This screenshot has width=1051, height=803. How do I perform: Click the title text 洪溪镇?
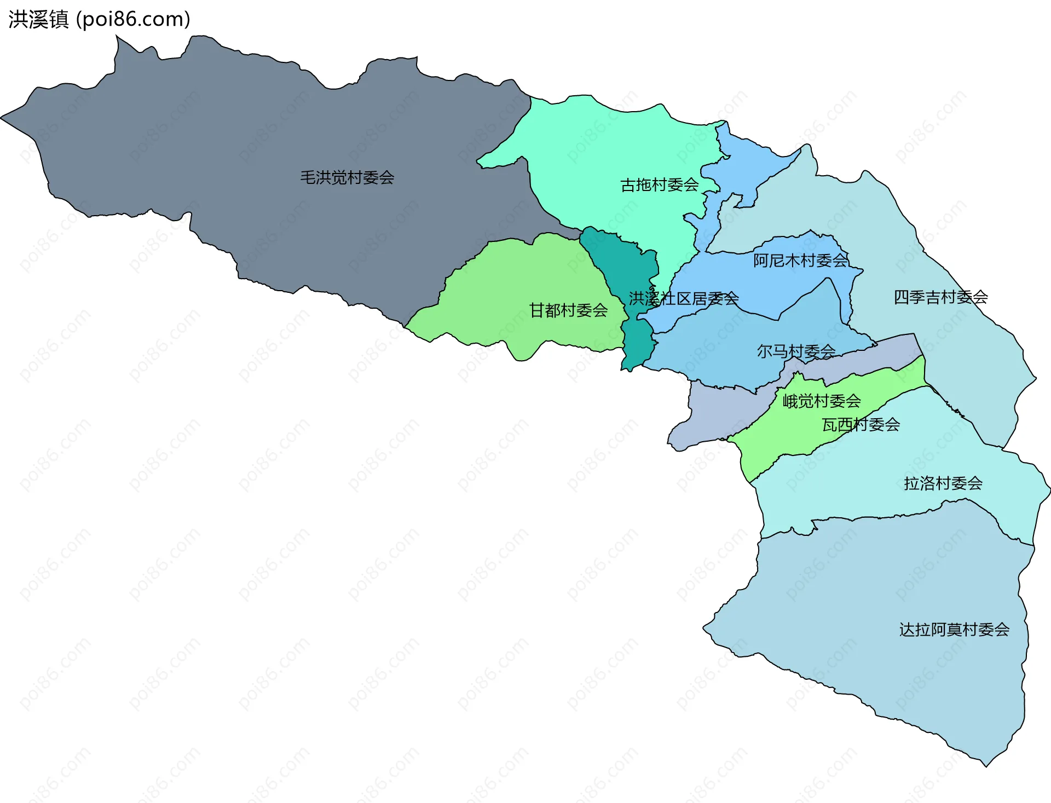pos(38,20)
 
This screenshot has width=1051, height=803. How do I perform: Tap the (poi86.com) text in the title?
pos(133,20)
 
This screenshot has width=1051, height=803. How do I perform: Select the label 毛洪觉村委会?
pos(347,177)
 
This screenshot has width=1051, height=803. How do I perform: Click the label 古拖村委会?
pos(659,185)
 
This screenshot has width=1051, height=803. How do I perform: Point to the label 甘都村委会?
pos(568,310)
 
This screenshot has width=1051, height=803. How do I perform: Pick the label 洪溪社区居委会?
pos(684,298)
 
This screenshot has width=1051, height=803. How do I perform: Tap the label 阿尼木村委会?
pos(800,261)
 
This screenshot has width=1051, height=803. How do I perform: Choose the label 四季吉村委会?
pos(940,297)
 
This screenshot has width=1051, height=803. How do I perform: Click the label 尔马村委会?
pos(796,351)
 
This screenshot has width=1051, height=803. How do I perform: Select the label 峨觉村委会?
pos(822,401)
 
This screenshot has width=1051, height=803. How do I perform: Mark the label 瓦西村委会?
pos(861,424)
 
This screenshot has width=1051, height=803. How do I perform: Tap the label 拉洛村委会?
pos(943,483)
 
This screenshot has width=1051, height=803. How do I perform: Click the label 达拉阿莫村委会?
pos(954,629)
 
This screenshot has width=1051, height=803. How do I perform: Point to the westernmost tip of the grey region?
pos(2,117)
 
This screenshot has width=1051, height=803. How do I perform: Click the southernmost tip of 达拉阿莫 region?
pos(987,766)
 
